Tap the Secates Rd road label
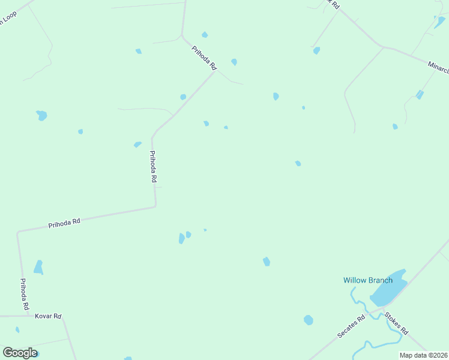click(x=351, y=327)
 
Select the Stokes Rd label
click(x=397, y=323)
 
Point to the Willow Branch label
click(x=367, y=280)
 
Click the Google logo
click(x=19, y=353)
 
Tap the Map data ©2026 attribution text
click(x=423, y=355)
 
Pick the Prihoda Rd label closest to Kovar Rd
click(x=25, y=293)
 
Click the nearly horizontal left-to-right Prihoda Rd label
click(x=64, y=223)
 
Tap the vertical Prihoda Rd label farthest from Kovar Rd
click(x=153, y=166)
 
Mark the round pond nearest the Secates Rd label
click(x=309, y=320)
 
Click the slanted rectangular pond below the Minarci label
click(x=420, y=95)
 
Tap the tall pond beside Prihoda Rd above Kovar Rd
click(x=38, y=267)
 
